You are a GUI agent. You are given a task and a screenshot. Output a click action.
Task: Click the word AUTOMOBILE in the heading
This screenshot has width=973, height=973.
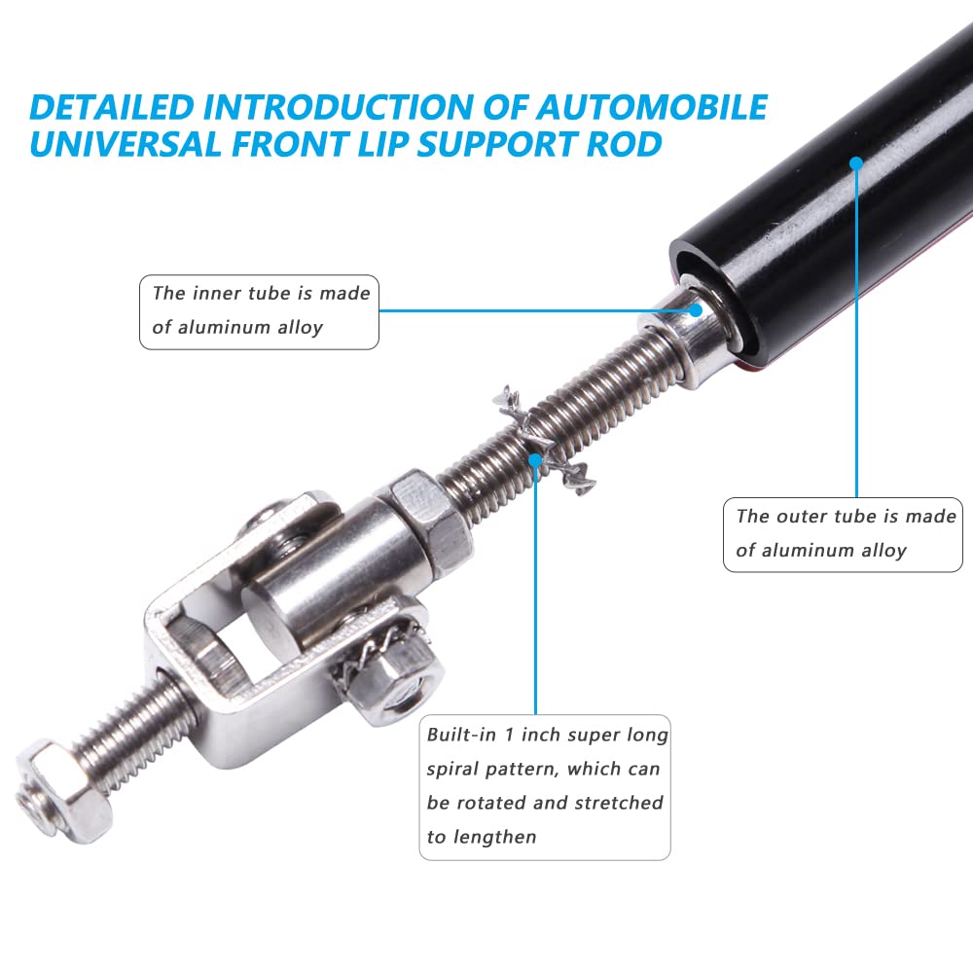tap(652, 107)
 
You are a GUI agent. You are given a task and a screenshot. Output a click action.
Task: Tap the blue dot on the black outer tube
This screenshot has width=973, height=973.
tap(856, 163)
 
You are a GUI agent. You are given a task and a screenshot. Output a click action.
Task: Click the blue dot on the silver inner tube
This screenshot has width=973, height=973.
tap(696, 309)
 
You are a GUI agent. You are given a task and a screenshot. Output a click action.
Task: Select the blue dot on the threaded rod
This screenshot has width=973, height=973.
tap(535, 460)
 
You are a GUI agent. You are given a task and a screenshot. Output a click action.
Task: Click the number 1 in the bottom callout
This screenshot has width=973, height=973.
tap(509, 736)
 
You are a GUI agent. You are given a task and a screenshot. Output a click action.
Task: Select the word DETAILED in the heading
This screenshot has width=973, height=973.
tap(112, 107)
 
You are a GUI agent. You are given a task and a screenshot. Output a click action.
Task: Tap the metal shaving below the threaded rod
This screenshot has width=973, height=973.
tap(574, 478)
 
